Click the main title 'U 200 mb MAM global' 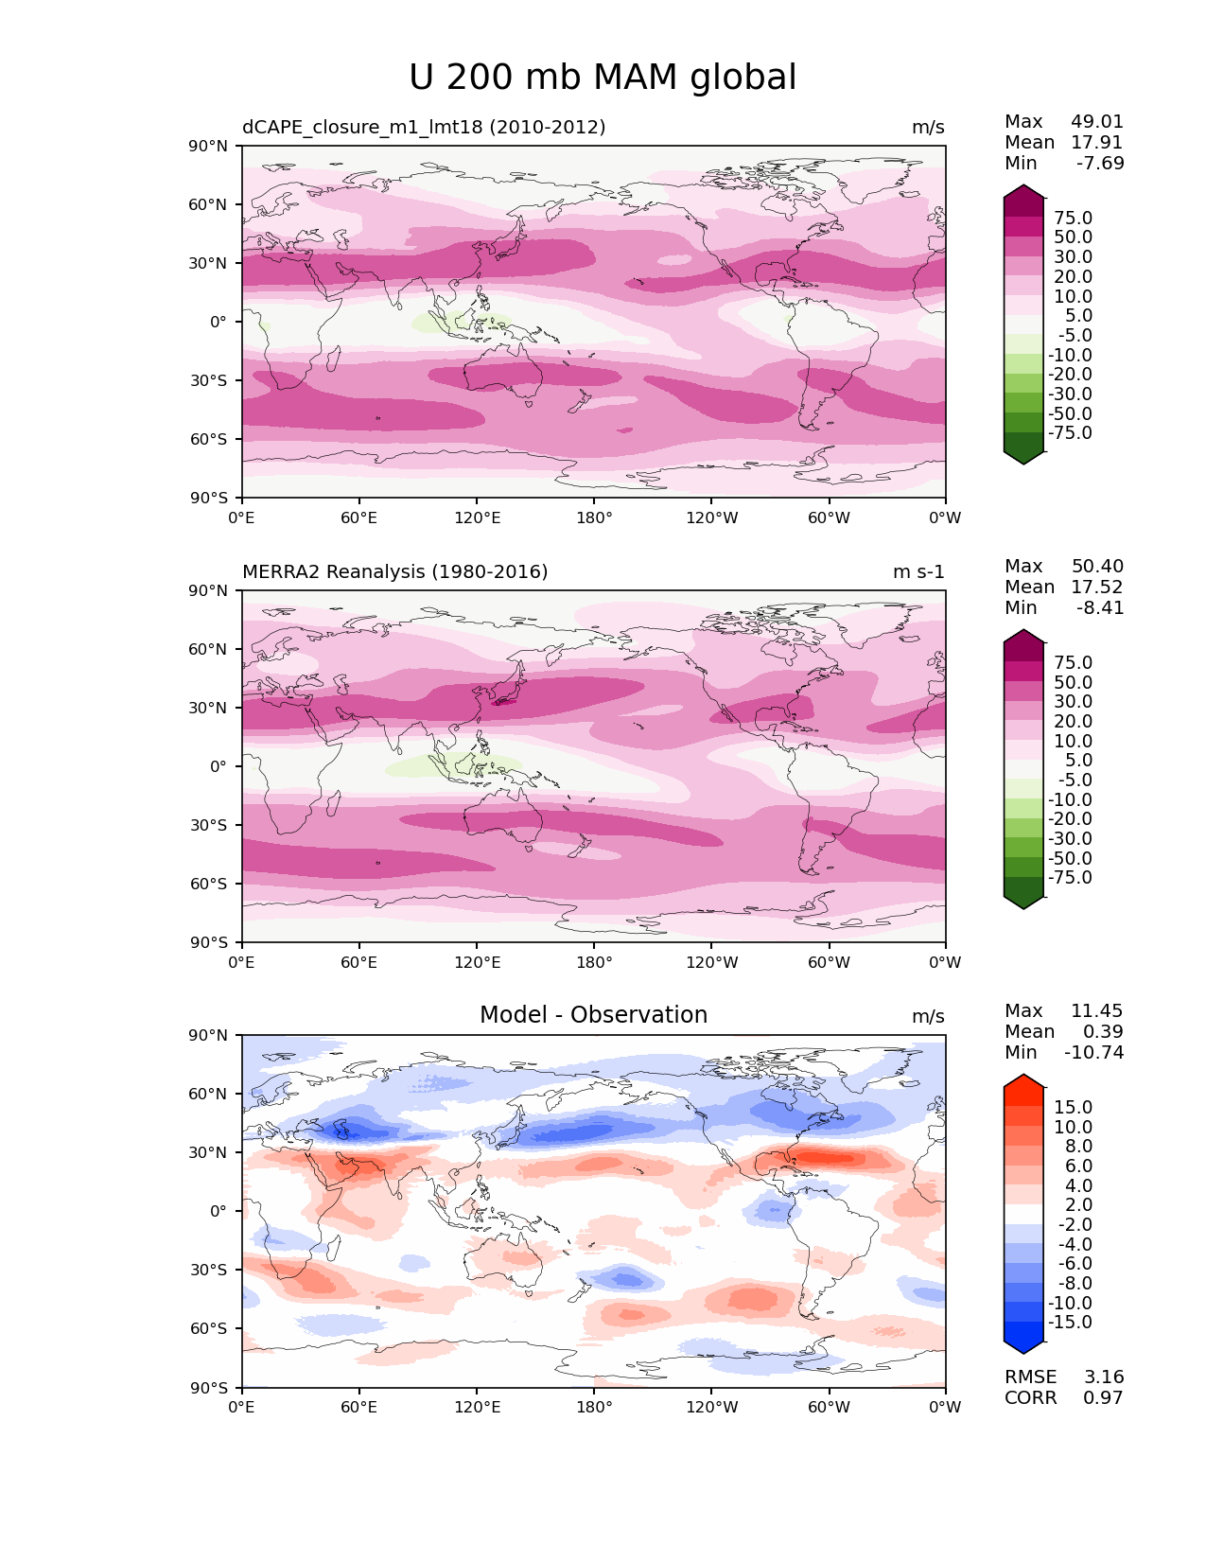(603, 78)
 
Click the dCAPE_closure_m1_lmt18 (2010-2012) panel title (424, 127)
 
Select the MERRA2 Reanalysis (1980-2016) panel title (394, 571)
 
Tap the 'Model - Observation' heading (593, 1015)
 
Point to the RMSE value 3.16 (1103, 1377)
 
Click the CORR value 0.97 (1103, 1397)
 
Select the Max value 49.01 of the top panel (1097, 121)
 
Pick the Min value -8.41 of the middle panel (1100, 607)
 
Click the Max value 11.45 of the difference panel (1097, 1010)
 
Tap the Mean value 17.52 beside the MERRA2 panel (1097, 587)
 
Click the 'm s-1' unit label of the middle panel (918, 571)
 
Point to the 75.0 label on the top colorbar (1073, 219)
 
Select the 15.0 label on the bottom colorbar (1073, 1107)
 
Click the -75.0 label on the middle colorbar (1070, 877)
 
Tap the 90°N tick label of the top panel (209, 146)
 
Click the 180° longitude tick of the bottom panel (594, 1407)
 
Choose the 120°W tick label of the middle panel (711, 962)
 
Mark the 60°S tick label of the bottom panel (209, 1328)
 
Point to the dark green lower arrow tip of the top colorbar (1023, 459)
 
